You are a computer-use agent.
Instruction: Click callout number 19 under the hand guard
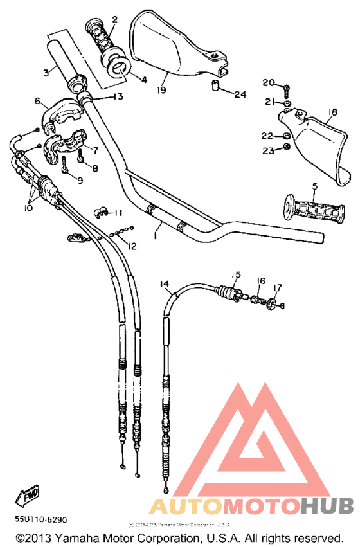tap(161, 91)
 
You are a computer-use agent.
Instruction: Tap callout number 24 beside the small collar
tap(240, 94)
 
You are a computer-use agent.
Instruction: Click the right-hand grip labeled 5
tap(315, 210)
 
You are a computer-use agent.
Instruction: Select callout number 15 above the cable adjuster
tap(235, 274)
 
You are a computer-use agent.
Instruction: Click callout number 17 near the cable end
tap(278, 287)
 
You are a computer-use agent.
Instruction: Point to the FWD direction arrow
tap(30, 496)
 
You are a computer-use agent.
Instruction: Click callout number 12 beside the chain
tap(132, 246)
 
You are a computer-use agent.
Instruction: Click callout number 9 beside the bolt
tap(80, 181)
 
